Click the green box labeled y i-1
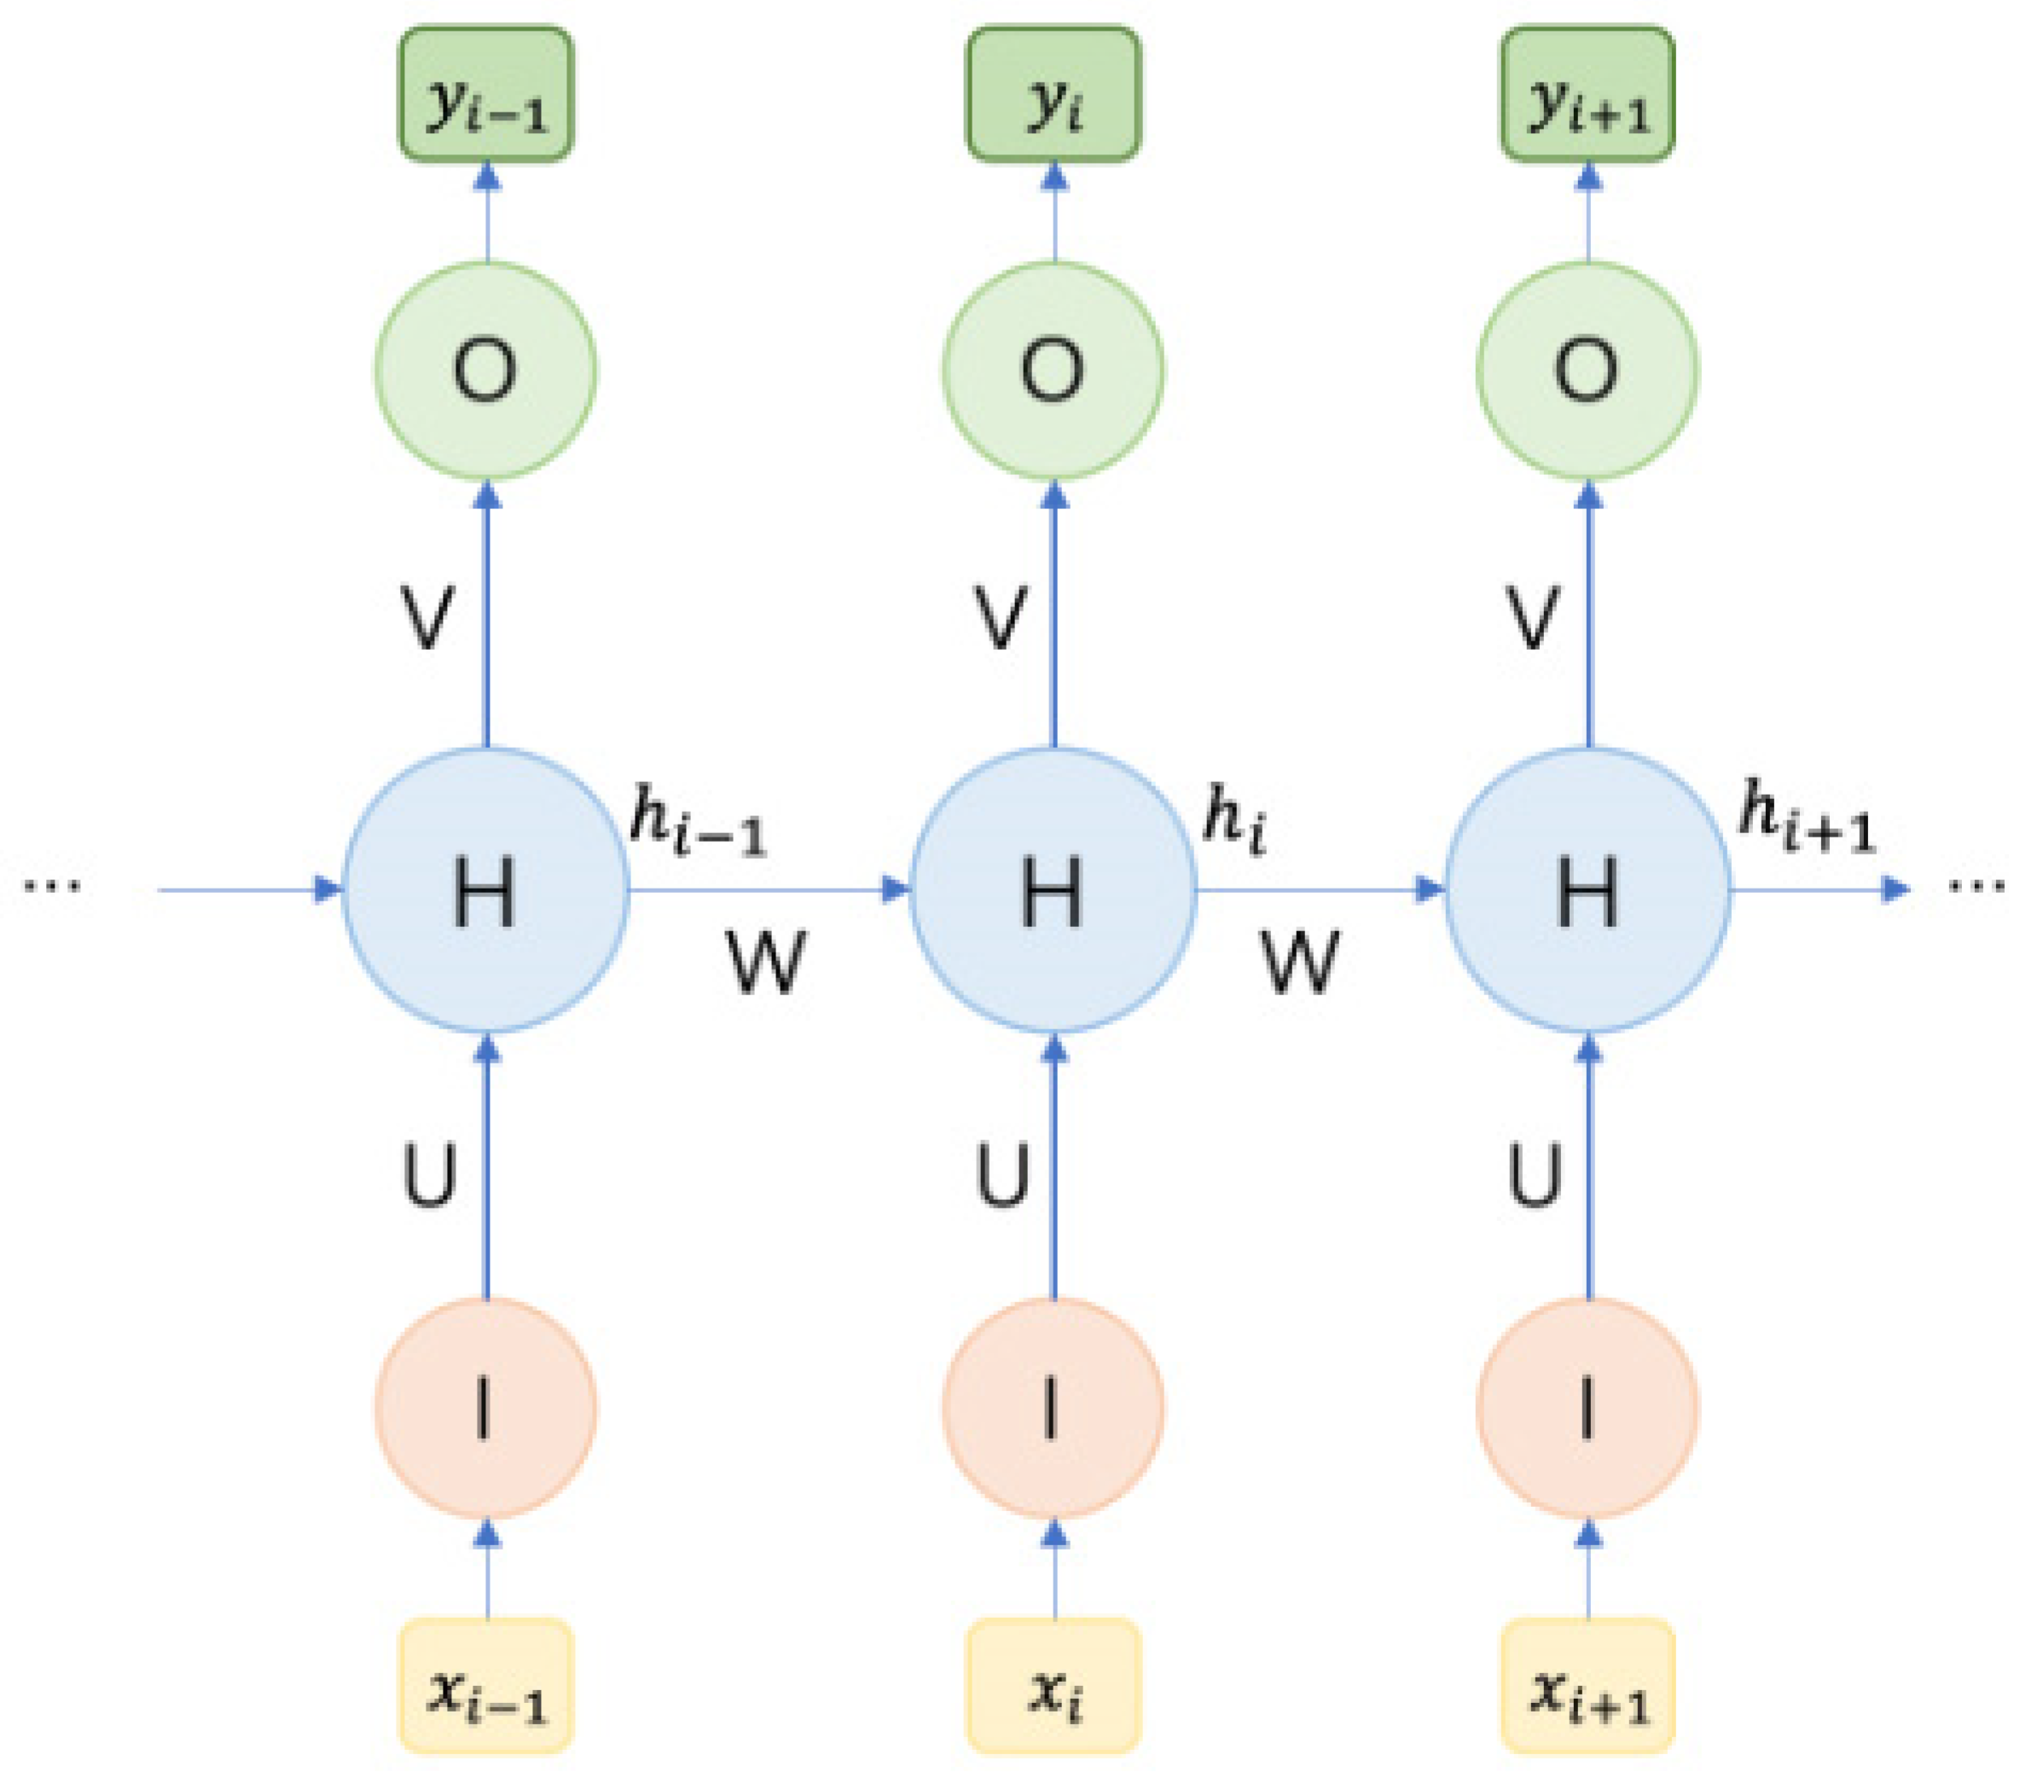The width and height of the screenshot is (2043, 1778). coord(486,95)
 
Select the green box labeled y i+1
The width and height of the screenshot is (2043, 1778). coord(1587,95)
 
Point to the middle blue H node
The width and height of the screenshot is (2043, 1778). coord(1053,890)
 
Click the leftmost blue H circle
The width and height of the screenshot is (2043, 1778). coord(486,890)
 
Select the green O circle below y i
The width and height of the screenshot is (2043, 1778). coord(1053,370)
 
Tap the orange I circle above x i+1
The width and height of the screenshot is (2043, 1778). coord(1587,1408)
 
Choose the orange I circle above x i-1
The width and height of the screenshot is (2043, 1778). coord(486,1408)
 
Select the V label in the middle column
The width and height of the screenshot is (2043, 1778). coord(1000,617)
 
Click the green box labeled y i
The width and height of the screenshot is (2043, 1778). coord(1053,95)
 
